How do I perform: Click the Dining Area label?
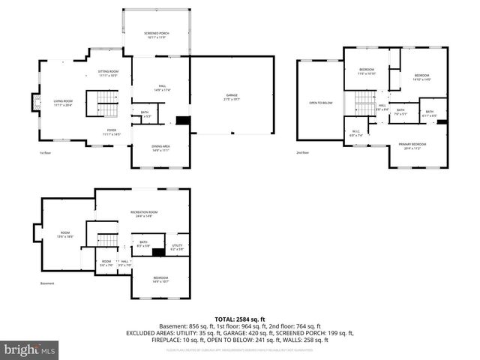click(161, 148)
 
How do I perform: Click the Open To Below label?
click(321, 103)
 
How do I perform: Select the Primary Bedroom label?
click(412, 145)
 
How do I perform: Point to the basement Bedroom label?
click(161, 280)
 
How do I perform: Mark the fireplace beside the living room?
click(34, 101)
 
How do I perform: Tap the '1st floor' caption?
click(46, 153)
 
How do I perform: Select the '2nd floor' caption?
click(302, 153)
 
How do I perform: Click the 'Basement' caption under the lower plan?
click(47, 283)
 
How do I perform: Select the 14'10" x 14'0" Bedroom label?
click(421, 77)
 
